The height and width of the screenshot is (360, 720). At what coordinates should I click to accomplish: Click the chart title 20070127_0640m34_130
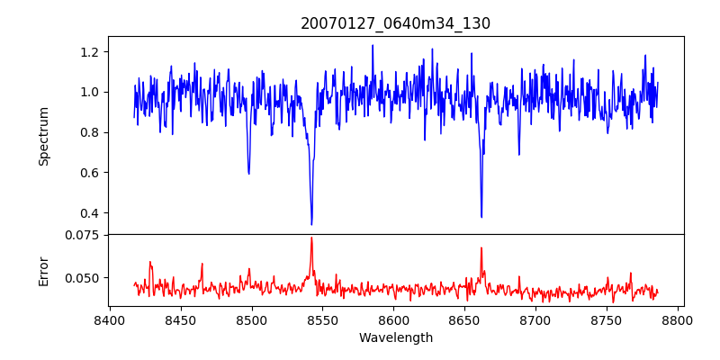click(395, 23)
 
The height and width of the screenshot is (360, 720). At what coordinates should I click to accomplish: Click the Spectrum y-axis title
click(44, 136)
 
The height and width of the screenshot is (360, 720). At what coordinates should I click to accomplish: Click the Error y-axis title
click(44, 270)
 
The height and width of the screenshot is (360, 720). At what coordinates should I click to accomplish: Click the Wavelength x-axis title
click(395, 338)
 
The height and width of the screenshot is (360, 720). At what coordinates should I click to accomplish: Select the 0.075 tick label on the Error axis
click(84, 235)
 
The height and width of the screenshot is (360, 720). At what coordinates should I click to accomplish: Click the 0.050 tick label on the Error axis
click(84, 278)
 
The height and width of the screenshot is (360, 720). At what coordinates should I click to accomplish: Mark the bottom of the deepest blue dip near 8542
click(311, 224)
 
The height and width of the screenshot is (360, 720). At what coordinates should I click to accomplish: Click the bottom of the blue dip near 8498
click(248, 173)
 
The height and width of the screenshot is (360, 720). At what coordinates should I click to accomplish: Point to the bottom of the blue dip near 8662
click(481, 217)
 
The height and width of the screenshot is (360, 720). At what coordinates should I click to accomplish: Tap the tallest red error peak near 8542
click(311, 238)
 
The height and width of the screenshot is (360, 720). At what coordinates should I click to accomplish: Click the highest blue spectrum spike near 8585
click(372, 45)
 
